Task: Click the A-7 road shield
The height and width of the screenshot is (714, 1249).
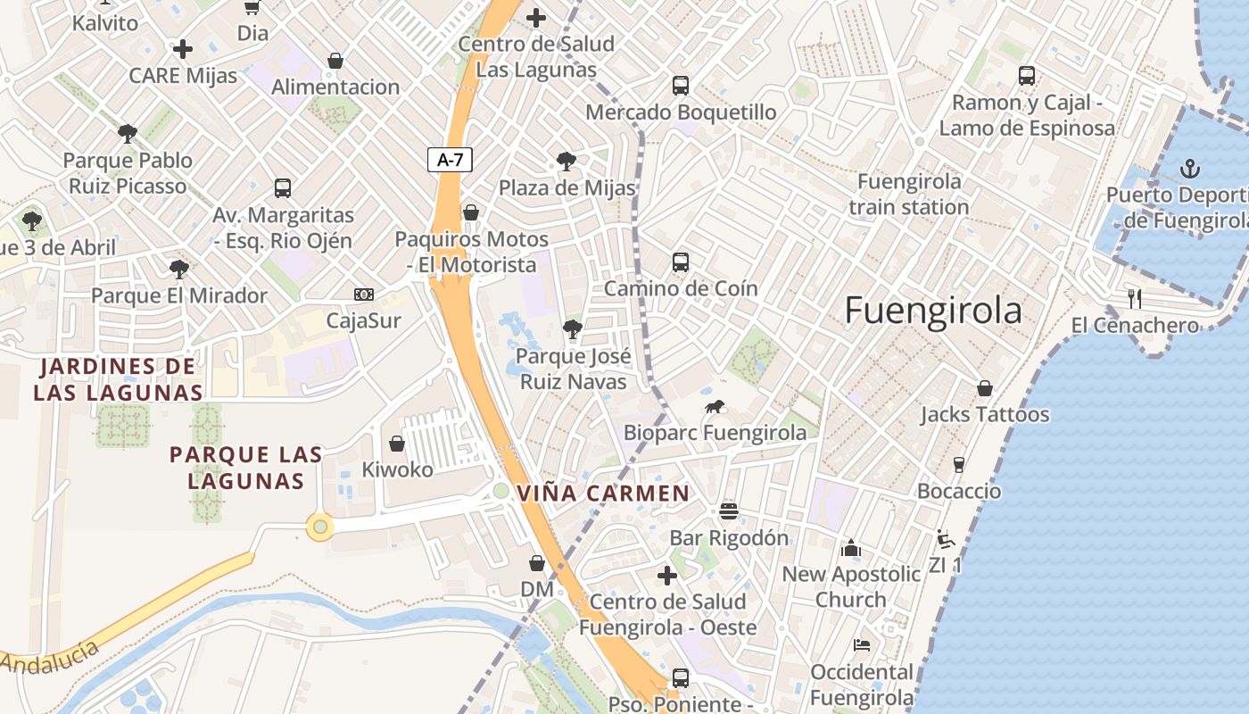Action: (450, 160)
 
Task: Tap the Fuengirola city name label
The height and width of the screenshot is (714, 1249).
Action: (932, 311)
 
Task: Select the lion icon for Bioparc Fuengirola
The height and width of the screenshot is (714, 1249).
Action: (714, 408)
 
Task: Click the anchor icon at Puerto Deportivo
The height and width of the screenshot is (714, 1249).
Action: (1188, 168)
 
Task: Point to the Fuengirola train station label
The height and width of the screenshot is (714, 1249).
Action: (908, 195)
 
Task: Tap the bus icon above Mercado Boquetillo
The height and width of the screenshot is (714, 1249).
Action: (681, 86)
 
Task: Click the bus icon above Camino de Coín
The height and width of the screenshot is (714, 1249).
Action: (681, 262)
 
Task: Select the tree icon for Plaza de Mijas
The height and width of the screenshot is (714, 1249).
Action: (566, 162)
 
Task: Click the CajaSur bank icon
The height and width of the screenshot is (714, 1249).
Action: (364, 294)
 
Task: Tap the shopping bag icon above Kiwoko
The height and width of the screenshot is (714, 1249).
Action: (397, 443)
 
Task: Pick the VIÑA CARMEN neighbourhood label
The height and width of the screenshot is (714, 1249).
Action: (603, 494)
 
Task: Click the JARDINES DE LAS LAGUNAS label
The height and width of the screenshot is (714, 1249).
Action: (118, 378)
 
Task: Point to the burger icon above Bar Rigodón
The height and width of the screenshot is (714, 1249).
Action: (729, 511)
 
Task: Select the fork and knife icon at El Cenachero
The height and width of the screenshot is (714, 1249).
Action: (1135, 298)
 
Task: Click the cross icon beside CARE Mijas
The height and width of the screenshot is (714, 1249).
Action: (183, 49)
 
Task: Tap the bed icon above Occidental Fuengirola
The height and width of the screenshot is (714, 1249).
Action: (861, 644)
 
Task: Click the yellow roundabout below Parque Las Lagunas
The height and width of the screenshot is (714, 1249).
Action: (319, 527)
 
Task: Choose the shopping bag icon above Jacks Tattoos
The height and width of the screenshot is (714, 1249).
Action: (985, 388)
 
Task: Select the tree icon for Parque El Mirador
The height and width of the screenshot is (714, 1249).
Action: (179, 269)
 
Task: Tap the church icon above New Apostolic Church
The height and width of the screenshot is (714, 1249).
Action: (851, 547)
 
